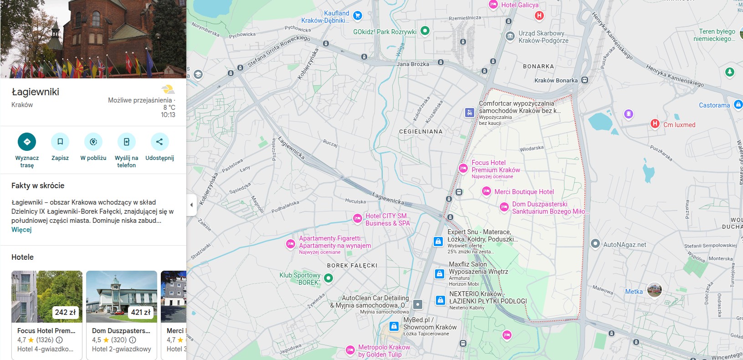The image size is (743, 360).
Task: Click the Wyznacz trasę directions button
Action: (27, 142)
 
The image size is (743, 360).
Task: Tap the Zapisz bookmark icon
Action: (60, 142)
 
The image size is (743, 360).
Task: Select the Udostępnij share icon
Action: (159, 142)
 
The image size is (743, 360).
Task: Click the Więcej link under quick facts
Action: (21, 230)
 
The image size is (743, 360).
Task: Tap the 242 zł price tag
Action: (65, 312)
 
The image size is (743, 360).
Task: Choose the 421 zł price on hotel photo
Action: (140, 312)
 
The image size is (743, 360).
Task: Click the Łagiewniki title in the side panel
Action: (36, 92)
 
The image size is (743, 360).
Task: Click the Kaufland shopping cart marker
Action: (358, 15)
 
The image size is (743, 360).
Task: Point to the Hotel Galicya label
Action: (520, 5)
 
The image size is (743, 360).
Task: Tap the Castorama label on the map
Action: (714, 105)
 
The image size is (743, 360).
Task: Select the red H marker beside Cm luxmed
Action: (655, 123)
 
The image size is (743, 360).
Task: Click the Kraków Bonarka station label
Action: (556, 81)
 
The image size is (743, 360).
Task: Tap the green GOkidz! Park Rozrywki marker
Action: (425, 31)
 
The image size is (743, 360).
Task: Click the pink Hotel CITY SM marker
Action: (358, 219)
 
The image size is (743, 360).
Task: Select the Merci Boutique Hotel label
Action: (524, 192)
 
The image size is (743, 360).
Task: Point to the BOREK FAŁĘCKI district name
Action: (352, 265)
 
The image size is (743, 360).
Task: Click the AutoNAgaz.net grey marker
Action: (595, 244)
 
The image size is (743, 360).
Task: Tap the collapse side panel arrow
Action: (191, 205)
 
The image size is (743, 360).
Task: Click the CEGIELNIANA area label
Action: (420, 131)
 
